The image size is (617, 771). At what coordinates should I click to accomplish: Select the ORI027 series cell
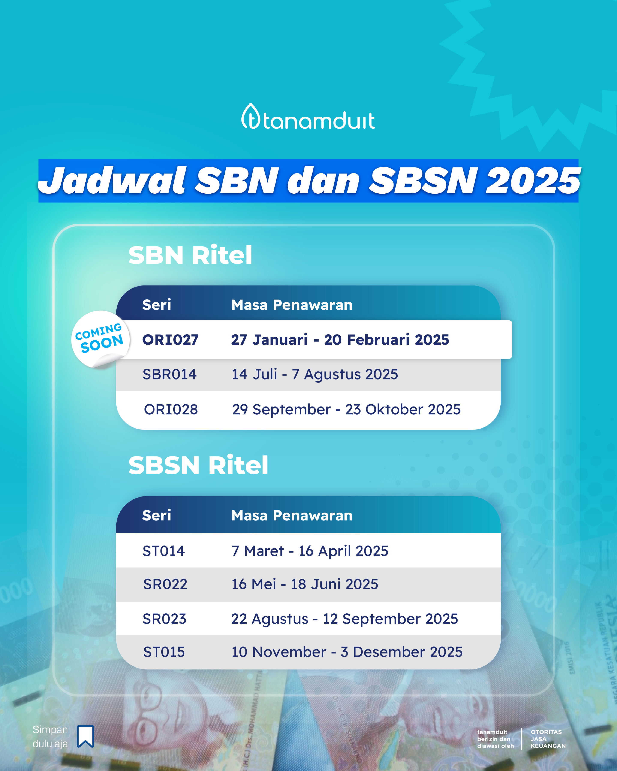click(170, 340)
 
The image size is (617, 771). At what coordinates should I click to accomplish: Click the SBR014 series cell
click(169, 374)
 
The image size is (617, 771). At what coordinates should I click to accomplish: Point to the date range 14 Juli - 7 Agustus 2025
click(315, 374)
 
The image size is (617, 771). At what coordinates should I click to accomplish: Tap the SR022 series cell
click(165, 584)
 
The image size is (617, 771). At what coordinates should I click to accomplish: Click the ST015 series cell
click(164, 652)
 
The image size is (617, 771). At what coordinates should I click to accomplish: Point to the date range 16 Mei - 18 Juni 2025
click(305, 584)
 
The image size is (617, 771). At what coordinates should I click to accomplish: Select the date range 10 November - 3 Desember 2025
click(347, 652)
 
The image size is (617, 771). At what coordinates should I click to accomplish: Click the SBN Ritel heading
click(190, 255)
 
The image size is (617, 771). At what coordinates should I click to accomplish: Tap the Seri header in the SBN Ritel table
click(157, 305)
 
